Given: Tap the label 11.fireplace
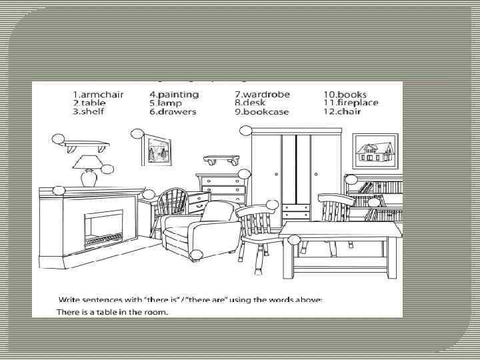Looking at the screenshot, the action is click(351, 103).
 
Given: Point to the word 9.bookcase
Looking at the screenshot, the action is click(261, 112).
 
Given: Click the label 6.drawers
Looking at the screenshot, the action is click(173, 111).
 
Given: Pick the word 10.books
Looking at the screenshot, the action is click(345, 94).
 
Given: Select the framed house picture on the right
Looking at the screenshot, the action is click(375, 151).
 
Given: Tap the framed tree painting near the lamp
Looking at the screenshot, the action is click(157, 151).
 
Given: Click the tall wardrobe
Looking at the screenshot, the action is click(297, 173).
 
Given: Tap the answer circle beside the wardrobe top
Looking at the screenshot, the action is click(246, 131).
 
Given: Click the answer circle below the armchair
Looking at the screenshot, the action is click(196, 255).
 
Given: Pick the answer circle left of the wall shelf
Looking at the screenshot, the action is click(58, 139).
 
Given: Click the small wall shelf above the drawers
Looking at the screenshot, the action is click(221, 159).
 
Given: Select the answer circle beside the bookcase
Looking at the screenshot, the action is click(351, 179).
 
